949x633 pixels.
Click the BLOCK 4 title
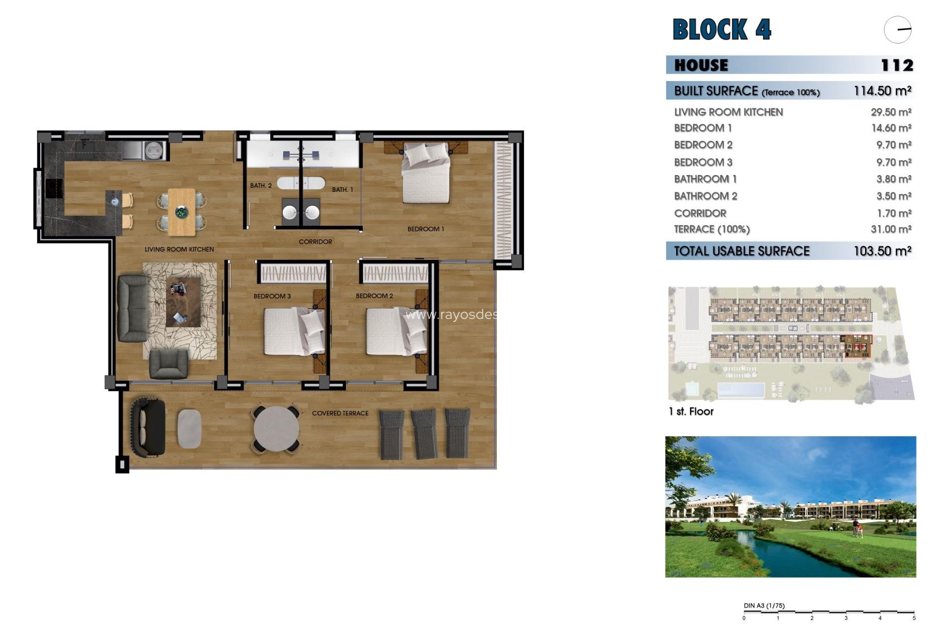click(721, 29)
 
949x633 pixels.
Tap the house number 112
click(897, 65)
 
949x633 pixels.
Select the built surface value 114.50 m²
click(882, 91)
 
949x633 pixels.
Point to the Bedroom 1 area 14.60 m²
click(891, 128)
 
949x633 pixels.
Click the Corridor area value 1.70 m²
click(894, 213)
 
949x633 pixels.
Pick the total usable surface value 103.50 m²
click(882, 251)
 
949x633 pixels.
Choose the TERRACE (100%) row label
click(712, 229)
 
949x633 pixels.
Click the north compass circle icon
click(898, 30)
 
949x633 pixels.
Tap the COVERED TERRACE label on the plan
click(340, 413)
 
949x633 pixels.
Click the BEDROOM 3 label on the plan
click(272, 296)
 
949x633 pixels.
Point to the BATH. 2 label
click(260, 186)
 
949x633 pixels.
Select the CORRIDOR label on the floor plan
click(315, 242)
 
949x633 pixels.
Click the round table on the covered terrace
click(276, 429)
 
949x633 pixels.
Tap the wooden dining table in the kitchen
click(181, 212)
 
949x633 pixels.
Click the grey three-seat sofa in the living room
click(132, 308)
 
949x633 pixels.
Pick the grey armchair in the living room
click(168, 364)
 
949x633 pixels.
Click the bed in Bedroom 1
click(426, 173)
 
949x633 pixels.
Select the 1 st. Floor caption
click(690, 411)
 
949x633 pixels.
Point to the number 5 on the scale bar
click(913, 618)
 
